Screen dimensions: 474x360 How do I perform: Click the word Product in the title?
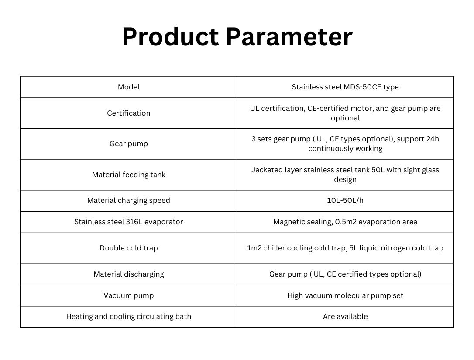click(x=170, y=37)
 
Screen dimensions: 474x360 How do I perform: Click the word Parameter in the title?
click(x=289, y=37)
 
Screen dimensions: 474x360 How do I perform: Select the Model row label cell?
click(x=128, y=87)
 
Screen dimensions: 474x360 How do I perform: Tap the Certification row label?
click(x=128, y=113)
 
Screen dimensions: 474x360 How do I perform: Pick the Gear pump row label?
click(x=128, y=144)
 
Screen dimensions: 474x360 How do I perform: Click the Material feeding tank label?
click(x=128, y=175)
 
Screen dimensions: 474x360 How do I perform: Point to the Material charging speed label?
click(x=128, y=200)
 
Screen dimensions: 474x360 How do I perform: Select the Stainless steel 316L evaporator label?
click(x=128, y=222)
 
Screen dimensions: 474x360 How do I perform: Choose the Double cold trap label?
click(x=128, y=248)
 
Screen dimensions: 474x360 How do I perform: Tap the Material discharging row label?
click(x=128, y=274)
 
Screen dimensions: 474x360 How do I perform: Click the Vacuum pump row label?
click(x=128, y=295)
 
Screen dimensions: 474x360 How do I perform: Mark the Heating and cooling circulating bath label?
click(x=128, y=316)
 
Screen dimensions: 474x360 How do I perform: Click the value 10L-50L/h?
click(x=345, y=200)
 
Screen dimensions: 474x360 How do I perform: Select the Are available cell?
click(x=345, y=316)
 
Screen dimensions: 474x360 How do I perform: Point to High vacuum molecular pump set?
click(x=345, y=295)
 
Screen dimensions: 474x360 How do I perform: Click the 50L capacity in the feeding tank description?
click(x=378, y=170)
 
